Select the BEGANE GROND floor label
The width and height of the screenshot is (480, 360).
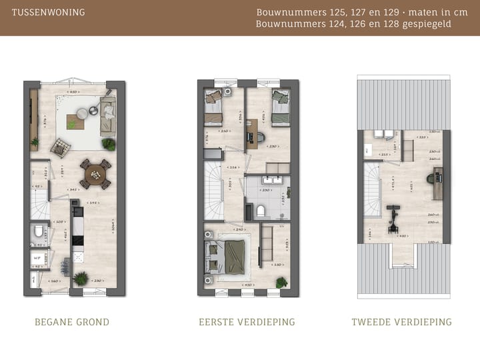72,322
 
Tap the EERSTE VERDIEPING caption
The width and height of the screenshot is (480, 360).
247,322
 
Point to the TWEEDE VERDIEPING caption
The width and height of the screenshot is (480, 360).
401,322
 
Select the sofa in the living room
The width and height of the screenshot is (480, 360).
107,116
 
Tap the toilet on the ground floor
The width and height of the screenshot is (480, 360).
37,233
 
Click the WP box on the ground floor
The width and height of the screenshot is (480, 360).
37,257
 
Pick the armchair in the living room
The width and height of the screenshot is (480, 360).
60,146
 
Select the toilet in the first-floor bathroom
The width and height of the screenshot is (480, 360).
262,211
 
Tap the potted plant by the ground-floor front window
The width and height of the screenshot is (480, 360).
81,278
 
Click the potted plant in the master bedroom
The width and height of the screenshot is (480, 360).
281,283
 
